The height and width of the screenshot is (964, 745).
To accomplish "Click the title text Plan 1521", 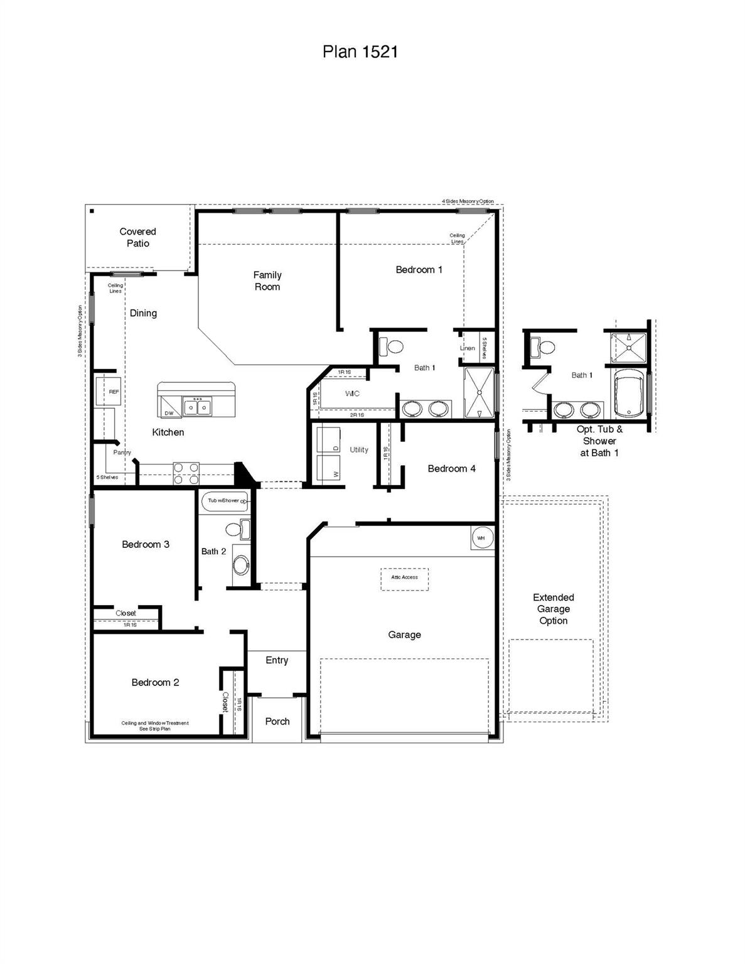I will [x=360, y=51].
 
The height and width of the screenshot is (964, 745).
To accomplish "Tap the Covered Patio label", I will [x=137, y=237].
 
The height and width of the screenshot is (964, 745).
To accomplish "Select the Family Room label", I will [x=267, y=281].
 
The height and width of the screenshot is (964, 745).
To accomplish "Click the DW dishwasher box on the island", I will [x=169, y=407].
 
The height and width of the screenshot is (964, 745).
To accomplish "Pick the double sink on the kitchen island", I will [x=197, y=407].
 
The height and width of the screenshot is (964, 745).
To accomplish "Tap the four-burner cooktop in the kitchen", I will [x=186, y=473].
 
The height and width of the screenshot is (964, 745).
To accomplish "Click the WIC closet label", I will [x=352, y=394].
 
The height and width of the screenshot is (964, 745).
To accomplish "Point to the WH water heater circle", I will [x=482, y=538].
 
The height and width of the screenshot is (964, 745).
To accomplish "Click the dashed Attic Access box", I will [x=404, y=578].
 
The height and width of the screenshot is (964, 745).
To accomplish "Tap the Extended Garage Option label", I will [x=553, y=609].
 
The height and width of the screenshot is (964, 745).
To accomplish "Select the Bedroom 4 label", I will [x=451, y=468].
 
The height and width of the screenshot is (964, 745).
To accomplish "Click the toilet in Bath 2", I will [x=237, y=529].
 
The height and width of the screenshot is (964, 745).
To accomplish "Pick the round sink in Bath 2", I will [x=240, y=564].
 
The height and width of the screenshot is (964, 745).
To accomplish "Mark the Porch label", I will [x=277, y=721].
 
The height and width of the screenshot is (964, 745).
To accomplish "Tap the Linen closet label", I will [x=467, y=348].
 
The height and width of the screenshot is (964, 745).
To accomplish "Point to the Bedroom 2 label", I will [x=155, y=682].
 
